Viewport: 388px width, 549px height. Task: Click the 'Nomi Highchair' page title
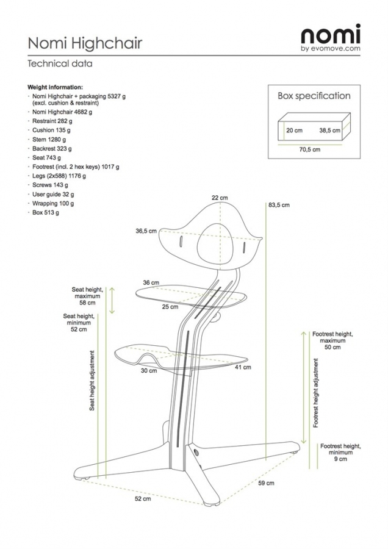85,43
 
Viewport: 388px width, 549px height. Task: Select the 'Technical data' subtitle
60,63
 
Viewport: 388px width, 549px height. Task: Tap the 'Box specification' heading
314,96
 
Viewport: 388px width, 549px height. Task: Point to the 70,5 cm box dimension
310,148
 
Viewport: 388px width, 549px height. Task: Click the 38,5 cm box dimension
329,131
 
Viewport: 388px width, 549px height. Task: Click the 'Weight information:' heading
56,87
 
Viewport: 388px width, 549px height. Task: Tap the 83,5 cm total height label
279,206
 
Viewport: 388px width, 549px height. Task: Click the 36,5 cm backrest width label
146,231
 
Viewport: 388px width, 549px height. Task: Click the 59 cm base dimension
265,483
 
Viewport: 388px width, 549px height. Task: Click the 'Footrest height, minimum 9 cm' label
336,453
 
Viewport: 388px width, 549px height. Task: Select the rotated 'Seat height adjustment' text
92,379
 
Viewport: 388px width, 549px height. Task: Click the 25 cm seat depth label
170,307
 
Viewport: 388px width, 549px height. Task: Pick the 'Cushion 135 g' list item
51,130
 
